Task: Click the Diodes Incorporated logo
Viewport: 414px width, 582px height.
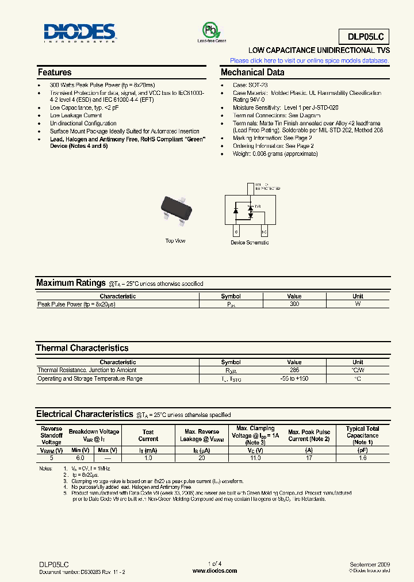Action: coord(79,33)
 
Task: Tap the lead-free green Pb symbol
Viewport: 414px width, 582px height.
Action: coord(211,30)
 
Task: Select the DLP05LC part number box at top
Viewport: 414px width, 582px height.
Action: coord(368,37)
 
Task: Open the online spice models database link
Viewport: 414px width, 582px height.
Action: coord(309,60)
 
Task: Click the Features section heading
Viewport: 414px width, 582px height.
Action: coord(55,72)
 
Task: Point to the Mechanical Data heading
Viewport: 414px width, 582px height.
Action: coord(252,72)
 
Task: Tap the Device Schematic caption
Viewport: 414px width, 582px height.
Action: coord(250,243)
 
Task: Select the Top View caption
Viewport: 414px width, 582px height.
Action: coord(175,240)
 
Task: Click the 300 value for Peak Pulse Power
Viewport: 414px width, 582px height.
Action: coord(294,304)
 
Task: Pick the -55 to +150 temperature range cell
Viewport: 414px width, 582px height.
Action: coord(294,379)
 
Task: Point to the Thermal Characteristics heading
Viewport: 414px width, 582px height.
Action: coord(82,348)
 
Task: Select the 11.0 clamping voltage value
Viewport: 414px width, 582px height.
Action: coord(255,458)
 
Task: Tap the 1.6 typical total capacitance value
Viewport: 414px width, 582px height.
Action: coord(362,458)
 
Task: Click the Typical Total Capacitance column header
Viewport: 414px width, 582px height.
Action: coord(362,435)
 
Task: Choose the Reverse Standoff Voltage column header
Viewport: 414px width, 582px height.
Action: coord(51,435)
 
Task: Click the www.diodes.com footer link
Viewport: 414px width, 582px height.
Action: coord(214,571)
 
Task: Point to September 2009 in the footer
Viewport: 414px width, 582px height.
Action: coord(370,565)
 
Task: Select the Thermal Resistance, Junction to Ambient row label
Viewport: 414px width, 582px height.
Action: coord(87,370)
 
